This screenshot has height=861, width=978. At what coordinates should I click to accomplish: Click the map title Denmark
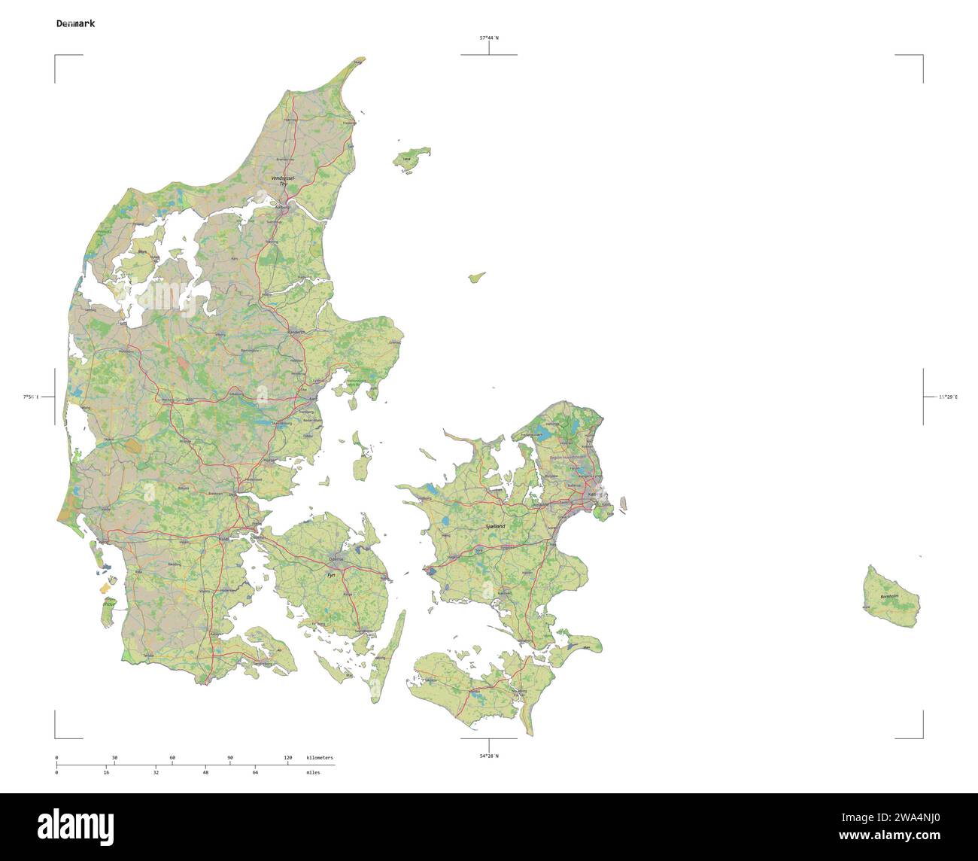75,23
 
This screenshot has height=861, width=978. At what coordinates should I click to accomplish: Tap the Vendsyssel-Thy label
284,181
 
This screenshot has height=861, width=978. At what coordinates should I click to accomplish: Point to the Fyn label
330,575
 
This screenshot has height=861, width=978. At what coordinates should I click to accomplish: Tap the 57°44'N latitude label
490,37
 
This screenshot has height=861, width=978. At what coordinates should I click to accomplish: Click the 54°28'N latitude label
489,756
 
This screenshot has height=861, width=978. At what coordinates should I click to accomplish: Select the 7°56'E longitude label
31,397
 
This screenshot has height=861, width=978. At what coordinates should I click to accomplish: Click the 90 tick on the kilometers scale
230,757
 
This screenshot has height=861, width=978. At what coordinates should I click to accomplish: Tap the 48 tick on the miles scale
205,772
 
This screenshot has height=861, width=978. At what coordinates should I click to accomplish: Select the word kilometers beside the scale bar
320,757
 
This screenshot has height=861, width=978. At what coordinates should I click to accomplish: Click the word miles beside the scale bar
313,772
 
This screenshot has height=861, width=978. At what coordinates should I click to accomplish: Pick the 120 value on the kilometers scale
287,757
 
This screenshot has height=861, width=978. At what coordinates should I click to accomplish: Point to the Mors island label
142,252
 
